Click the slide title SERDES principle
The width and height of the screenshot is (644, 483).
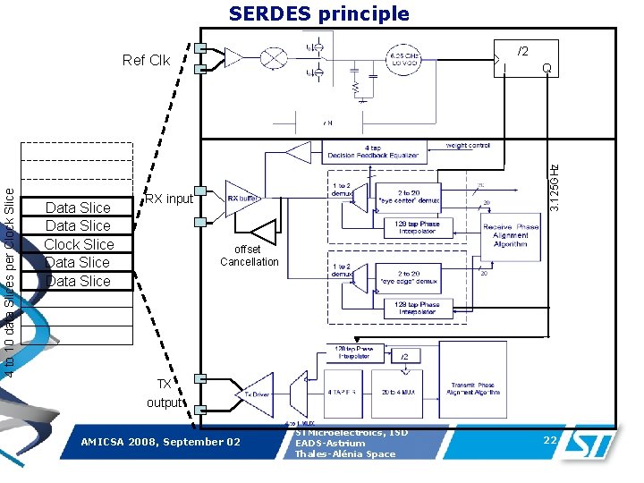318,13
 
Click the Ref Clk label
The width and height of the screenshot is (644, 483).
146,61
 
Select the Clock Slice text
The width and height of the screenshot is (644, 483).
79,244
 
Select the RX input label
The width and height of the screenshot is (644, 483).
168,199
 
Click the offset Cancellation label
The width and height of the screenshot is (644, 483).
250,256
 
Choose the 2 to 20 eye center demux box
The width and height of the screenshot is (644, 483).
418,198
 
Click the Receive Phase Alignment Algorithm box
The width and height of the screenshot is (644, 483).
510,236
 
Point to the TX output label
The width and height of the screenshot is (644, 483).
164,393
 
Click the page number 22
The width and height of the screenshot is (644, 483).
549,439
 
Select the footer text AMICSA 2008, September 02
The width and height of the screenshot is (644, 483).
160,442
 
